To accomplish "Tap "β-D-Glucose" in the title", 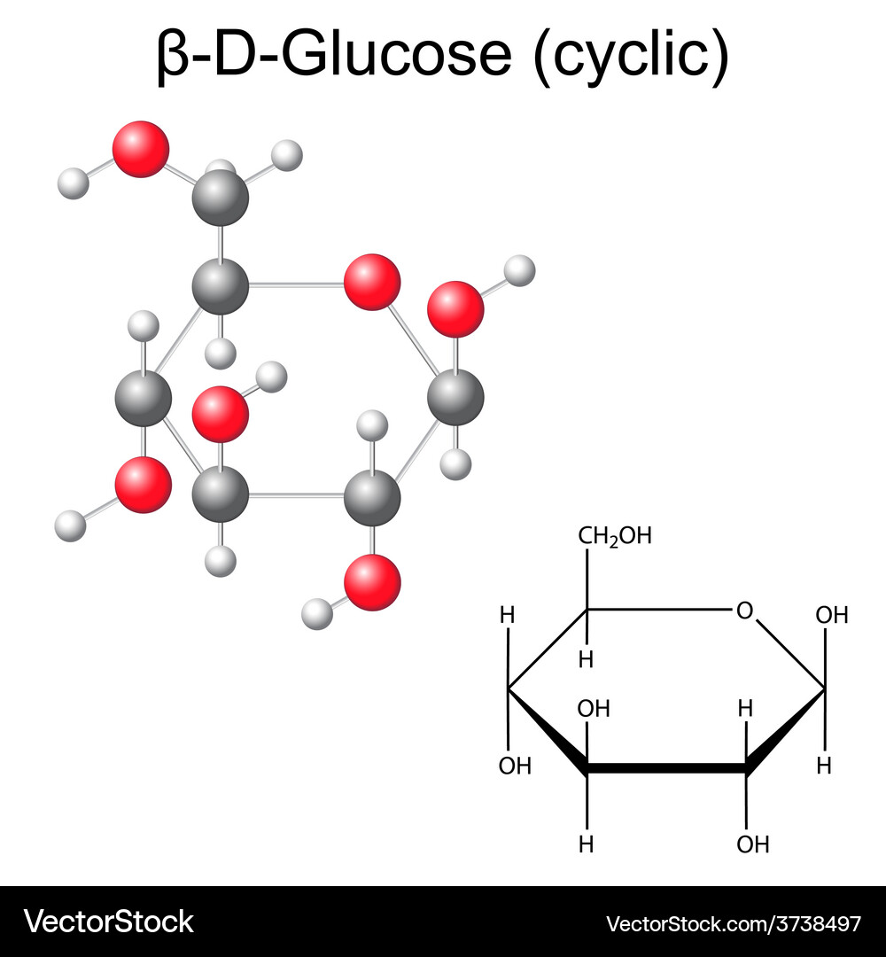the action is [x=334, y=54].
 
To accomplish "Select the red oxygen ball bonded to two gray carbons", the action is [x=372, y=282].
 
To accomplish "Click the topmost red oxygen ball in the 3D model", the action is [x=140, y=149].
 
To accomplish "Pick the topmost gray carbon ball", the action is [x=221, y=198].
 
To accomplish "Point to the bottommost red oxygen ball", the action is [x=372, y=582].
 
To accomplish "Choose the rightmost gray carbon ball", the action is [x=455, y=397].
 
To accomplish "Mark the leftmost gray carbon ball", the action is [x=143, y=398].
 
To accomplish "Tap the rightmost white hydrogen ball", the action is [x=519, y=271].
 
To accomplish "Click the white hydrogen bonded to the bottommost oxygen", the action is [x=317, y=614].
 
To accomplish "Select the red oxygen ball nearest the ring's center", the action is [x=221, y=414].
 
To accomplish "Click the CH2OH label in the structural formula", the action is [x=615, y=536].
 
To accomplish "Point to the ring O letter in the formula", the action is [x=744, y=611].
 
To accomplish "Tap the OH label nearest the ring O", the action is [x=832, y=615].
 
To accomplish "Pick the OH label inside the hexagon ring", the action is [x=594, y=709].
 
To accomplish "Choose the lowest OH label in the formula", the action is [x=753, y=844].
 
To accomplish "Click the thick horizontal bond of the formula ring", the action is [x=666, y=768].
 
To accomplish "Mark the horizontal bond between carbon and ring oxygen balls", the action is [x=296, y=284].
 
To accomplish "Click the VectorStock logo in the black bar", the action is [x=109, y=922].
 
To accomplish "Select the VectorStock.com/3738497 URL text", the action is [x=734, y=923].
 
